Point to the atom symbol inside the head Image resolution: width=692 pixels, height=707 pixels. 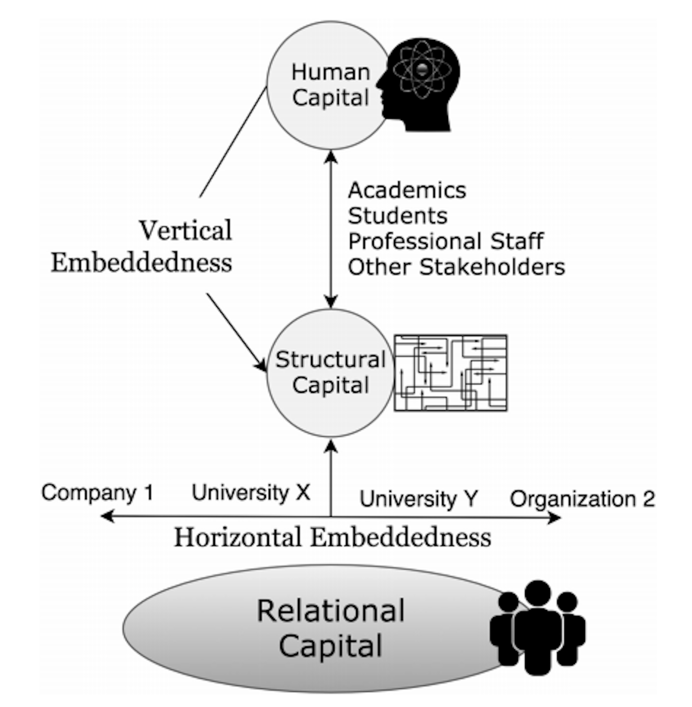click(422, 69)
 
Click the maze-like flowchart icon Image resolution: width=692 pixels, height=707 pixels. click(451, 373)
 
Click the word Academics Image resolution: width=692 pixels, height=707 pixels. click(407, 190)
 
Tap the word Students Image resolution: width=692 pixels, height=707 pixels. click(398, 216)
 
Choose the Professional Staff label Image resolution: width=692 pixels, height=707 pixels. click(445, 241)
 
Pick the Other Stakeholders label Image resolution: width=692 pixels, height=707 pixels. click(457, 267)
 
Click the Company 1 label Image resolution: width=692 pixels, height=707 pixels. click(97, 493)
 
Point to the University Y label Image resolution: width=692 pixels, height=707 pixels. click(418, 499)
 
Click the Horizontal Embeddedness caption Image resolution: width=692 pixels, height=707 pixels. click(333, 537)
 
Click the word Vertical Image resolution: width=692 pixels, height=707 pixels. click(185, 230)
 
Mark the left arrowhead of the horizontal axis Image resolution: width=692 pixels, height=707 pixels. click(106, 516)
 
